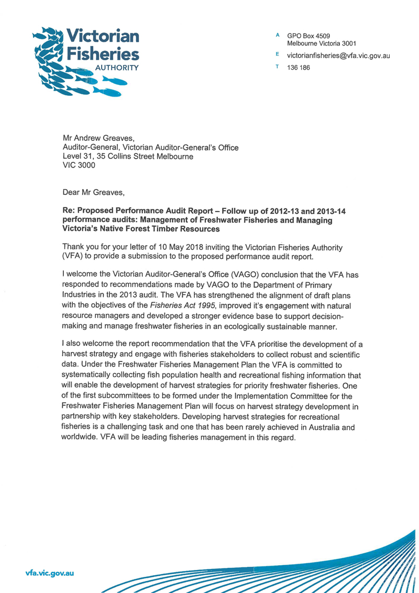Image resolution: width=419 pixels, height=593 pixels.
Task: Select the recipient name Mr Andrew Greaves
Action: (x=99, y=139)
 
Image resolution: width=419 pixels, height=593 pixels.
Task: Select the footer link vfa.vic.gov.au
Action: (x=50, y=573)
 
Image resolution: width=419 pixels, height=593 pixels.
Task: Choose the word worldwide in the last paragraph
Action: (x=82, y=437)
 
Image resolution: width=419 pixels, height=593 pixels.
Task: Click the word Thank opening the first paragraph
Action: (x=74, y=246)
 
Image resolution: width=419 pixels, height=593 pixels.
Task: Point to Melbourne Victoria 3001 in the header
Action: (x=322, y=43)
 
